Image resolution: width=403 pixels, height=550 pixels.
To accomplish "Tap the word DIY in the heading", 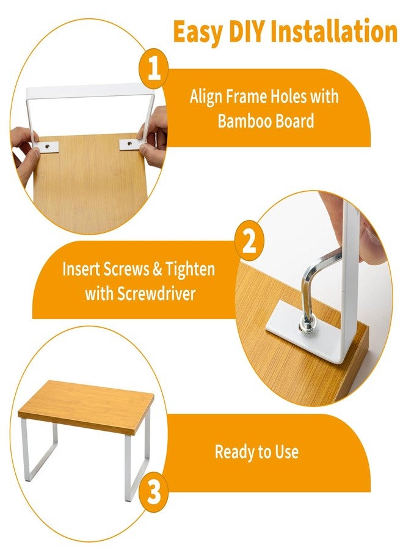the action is pos(247,31).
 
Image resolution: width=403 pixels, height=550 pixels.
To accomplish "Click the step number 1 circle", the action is pos(153,68).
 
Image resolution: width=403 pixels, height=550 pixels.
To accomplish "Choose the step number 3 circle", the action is pos(153,493).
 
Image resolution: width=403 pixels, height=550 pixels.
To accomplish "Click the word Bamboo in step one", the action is pos(245,121).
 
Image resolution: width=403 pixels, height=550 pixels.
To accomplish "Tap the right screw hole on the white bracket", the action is pos(129,143).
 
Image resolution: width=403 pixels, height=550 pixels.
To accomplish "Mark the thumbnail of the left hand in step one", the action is pos(35,150).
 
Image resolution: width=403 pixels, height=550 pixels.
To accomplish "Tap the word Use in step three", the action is pos(286,452).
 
